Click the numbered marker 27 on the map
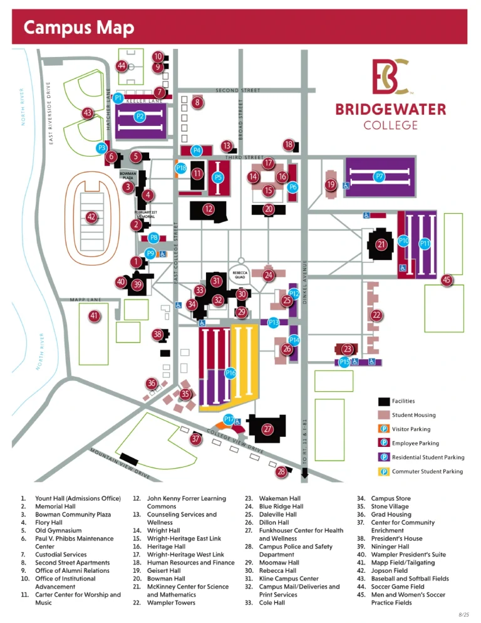pyautogui.click(x=267, y=429)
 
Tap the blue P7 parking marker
pyautogui.click(x=379, y=177)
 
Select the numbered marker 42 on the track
pyautogui.click(x=91, y=217)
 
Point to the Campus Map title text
pyautogui.click(x=78, y=28)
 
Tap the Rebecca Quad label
pyautogui.click(x=239, y=275)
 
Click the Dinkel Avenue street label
pyautogui.click(x=305, y=283)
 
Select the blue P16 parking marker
pyautogui.click(x=230, y=374)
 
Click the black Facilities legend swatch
pyautogui.click(x=384, y=401)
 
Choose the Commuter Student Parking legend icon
pyautogui.click(x=384, y=471)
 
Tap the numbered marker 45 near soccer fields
pyautogui.click(x=447, y=280)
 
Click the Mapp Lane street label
pyautogui.click(x=86, y=300)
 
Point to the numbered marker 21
pyautogui.click(x=381, y=244)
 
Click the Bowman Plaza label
pyautogui.click(x=128, y=175)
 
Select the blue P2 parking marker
pyautogui.click(x=140, y=116)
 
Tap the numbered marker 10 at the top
pyautogui.click(x=158, y=57)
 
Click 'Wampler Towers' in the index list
pyautogui.click(x=171, y=603)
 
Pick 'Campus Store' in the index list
pyautogui.click(x=386, y=498)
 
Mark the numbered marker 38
pyautogui.click(x=158, y=335)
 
